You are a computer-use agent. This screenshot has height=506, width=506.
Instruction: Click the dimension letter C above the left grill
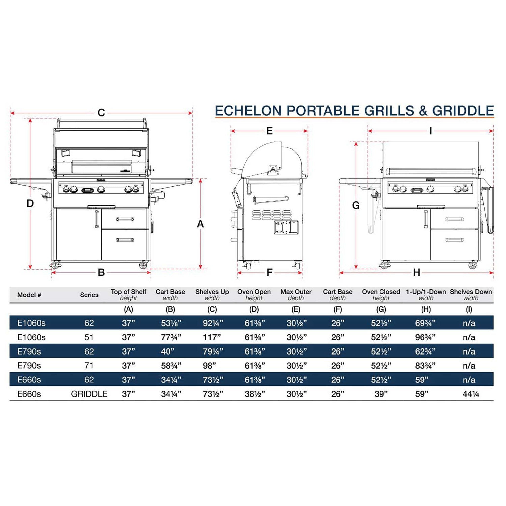(101, 113)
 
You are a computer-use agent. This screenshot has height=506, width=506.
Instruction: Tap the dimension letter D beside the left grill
(30, 203)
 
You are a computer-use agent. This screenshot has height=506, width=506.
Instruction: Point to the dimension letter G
(356, 206)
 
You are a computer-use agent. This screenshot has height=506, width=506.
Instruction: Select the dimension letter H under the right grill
(416, 273)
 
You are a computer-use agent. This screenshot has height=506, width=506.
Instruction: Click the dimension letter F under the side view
(270, 273)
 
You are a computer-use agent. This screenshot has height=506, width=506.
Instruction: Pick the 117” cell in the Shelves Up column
(212, 337)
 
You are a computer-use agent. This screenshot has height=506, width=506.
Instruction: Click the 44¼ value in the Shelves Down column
(471, 394)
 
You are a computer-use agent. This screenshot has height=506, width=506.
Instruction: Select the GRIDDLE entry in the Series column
(89, 394)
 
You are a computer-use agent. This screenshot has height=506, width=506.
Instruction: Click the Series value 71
(89, 365)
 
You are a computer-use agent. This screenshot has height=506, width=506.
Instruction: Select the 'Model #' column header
(29, 295)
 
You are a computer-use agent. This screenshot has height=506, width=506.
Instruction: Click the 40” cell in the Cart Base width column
(168, 351)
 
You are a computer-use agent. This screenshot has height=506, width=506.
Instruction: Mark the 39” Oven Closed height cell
(381, 394)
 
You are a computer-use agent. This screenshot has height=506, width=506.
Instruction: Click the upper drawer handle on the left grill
(125, 219)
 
